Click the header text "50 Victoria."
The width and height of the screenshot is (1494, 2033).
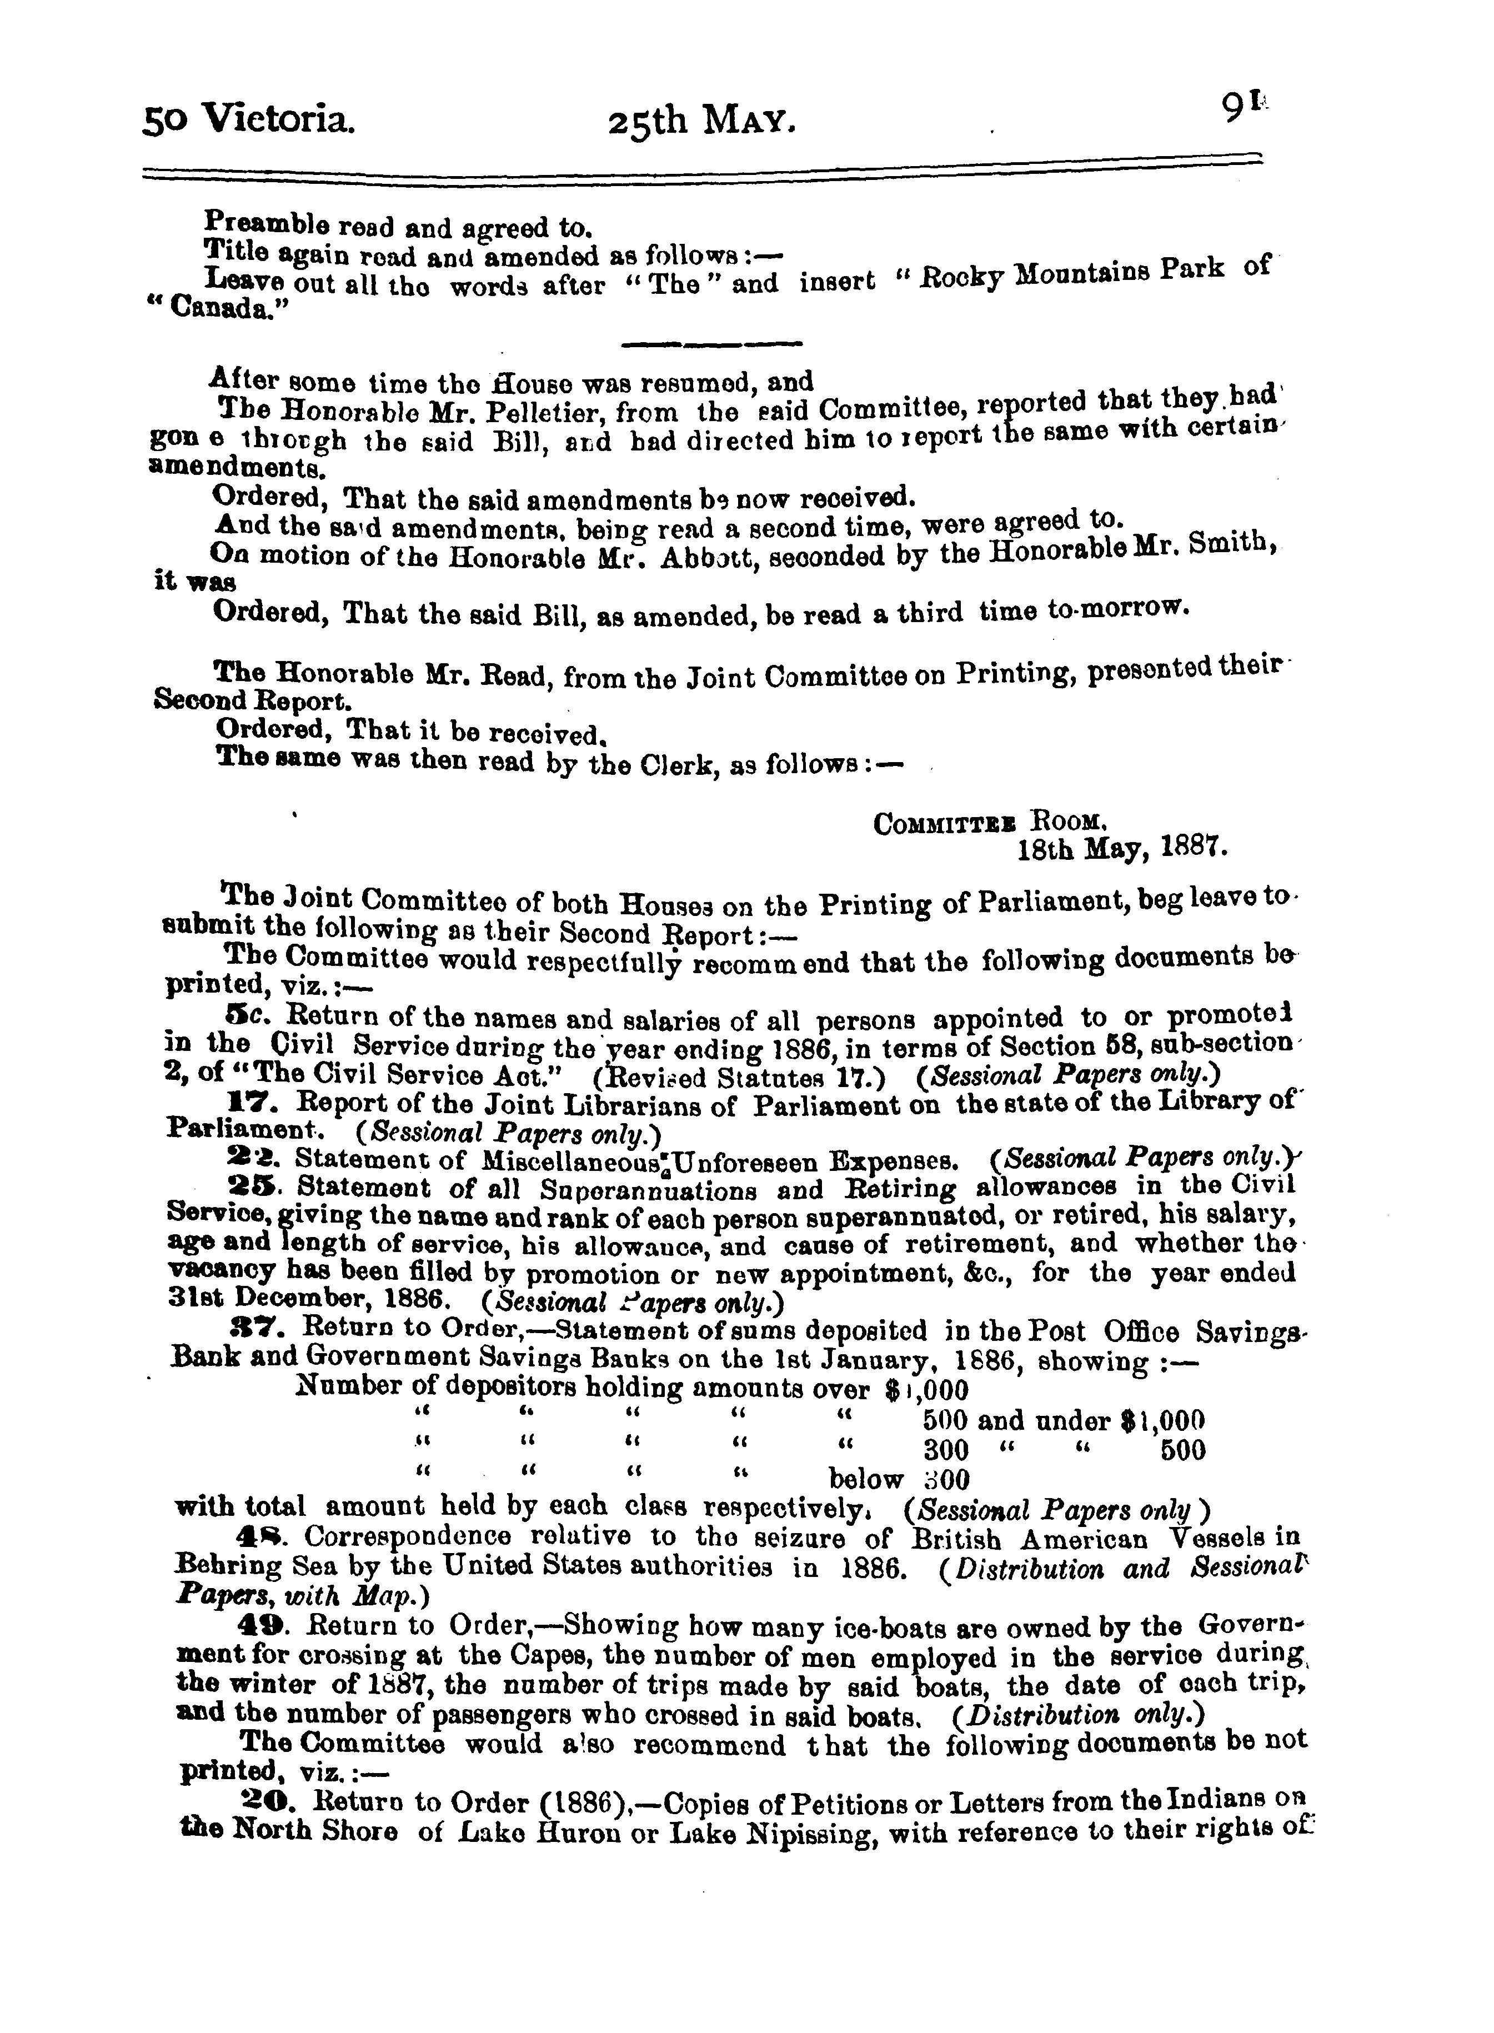coord(249,118)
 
